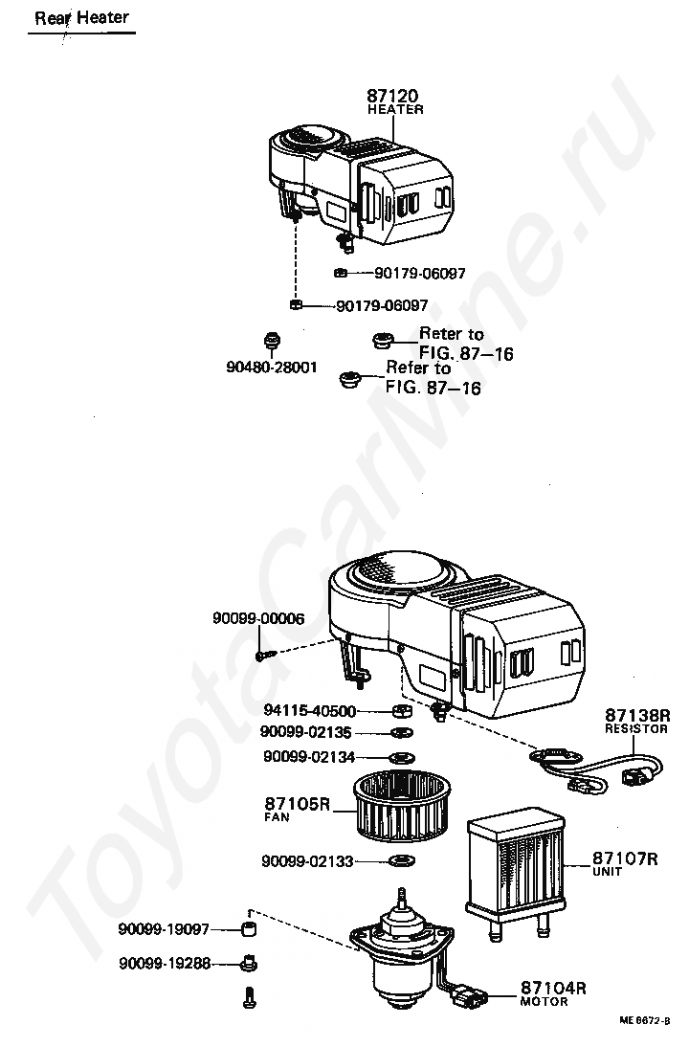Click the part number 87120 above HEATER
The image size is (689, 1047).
click(x=394, y=96)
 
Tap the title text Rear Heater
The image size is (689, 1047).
click(x=81, y=17)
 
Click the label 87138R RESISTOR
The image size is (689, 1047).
click(x=635, y=720)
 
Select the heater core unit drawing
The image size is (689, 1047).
click(x=514, y=865)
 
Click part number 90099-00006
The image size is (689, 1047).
click(x=258, y=619)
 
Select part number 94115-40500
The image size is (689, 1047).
click(x=309, y=711)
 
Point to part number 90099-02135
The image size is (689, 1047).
click(x=306, y=732)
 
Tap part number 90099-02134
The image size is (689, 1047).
click(x=309, y=757)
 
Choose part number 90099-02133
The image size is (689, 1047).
click(x=307, y=861)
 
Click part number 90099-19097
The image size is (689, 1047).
click(x=164, y=929)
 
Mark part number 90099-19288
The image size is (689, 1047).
click(x=166, y=964)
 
